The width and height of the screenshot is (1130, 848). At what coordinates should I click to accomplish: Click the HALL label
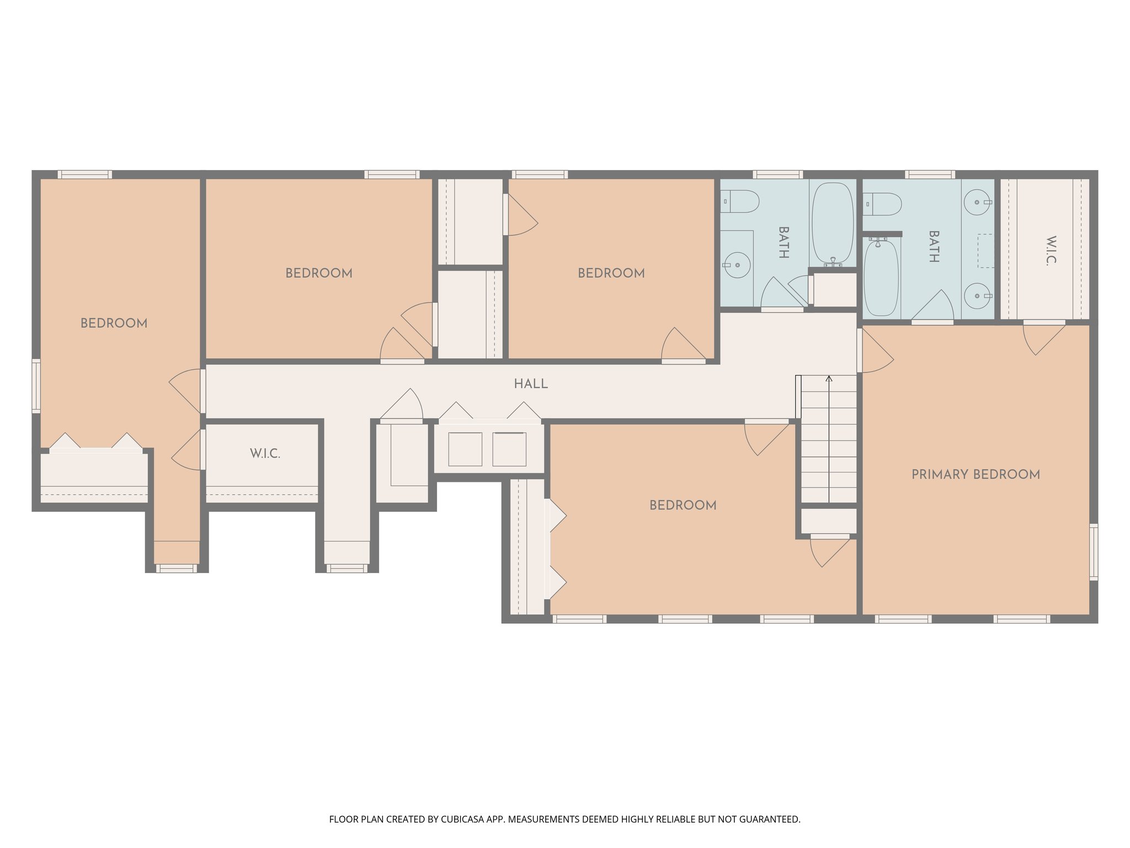[531, 384]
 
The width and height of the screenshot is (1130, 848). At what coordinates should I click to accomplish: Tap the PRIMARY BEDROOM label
[976, 474]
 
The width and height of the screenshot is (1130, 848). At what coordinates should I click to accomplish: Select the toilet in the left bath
[740, 202]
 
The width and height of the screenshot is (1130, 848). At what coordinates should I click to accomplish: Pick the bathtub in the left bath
[833, 222]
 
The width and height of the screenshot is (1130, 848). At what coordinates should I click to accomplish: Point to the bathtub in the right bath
[881, 278]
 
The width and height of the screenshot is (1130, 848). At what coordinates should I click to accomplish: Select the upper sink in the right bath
[977, 202]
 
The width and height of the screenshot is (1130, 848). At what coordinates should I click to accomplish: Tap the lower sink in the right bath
[977, 296]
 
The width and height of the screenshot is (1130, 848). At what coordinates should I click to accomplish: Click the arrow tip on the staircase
[829, 378]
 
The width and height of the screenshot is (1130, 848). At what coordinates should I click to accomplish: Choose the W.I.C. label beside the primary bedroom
[1051, 251]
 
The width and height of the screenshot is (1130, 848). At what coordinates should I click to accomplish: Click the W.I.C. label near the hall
[265, 454]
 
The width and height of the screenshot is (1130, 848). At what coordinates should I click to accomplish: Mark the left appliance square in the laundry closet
[465, 449]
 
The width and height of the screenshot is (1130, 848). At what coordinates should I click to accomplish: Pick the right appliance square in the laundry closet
[509, 449]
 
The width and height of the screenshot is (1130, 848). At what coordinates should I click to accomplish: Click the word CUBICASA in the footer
[462, 819]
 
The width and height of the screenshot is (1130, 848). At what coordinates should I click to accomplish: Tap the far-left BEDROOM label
[114, 324]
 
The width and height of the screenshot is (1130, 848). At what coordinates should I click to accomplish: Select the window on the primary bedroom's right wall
[1094, 552]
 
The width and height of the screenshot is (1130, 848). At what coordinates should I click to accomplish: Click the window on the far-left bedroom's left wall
[36, 385]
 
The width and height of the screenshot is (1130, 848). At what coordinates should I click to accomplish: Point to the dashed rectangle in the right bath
[985, 251]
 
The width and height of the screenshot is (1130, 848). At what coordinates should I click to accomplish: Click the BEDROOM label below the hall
[683, 505]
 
